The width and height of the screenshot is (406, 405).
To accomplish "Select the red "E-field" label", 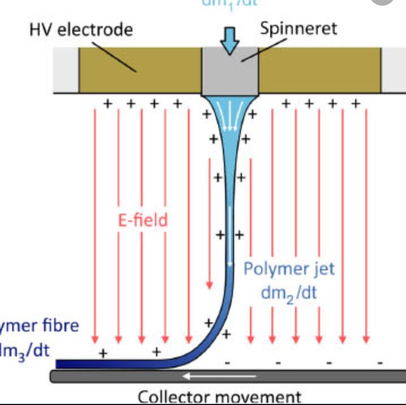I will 143,219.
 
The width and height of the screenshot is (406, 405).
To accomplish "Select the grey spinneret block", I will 230,74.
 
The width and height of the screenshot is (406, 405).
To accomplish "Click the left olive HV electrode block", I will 140,70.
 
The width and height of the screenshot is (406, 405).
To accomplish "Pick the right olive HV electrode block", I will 320,70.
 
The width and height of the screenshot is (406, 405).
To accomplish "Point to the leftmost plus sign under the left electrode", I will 106,104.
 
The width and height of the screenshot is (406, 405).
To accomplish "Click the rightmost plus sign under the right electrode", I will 355,104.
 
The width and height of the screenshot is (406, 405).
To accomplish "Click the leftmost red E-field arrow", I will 95,226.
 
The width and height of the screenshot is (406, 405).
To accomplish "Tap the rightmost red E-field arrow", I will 366,226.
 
